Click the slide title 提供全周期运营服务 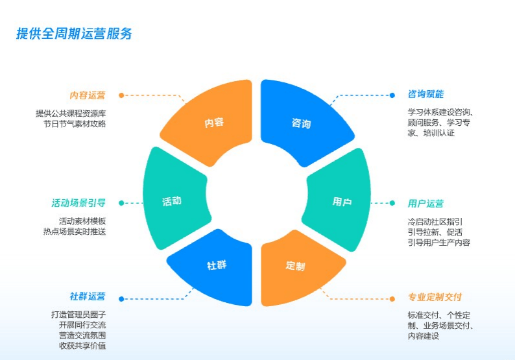click(x=74, y=34)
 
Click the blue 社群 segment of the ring click(x=214, y=266)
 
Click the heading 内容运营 click(x=88, y=95)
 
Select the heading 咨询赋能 click(x=425, y=94)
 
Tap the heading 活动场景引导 click(x=78, y=202)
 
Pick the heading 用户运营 click(x=425, y=204)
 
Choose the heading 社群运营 click(x=88, y=297)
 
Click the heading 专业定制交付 click(x=435, y=297)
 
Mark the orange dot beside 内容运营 click(x=121, y=95)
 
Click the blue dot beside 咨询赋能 click(x=392, y=95)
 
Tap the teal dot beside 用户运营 click(x=392, y=203)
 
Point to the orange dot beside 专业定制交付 click(x=392, y=298)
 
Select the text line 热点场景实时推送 click(x=74, y=232)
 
